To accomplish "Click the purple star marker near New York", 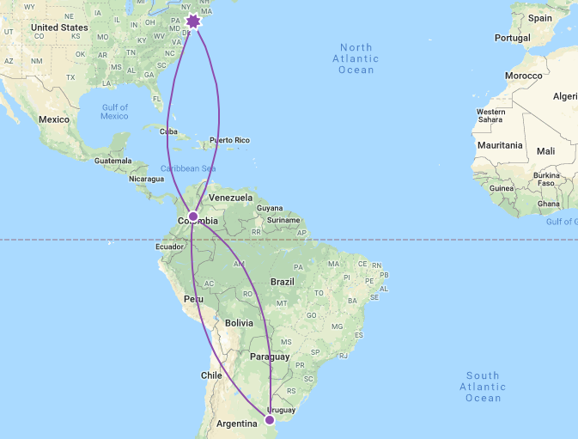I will click(193, 21).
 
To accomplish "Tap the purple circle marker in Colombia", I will click(193, 216).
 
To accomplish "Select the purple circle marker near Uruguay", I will click(270, 420).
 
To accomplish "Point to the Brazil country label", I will click(282, 282).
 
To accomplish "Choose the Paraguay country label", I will click(269, 356).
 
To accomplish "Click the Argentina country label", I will click(236, 424).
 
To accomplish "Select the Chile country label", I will click(211, 375).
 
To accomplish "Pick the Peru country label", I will click(194, 299).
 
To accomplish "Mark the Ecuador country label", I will click(168, 246).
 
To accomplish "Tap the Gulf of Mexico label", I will click(114, 112).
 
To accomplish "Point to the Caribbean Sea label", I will click(188, 168).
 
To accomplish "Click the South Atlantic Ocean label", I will click(483, 387).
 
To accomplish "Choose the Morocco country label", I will click(523, 76).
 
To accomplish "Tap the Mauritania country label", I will click(501, 145).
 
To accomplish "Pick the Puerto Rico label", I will click(229, 140).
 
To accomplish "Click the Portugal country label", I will click(513, 38).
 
